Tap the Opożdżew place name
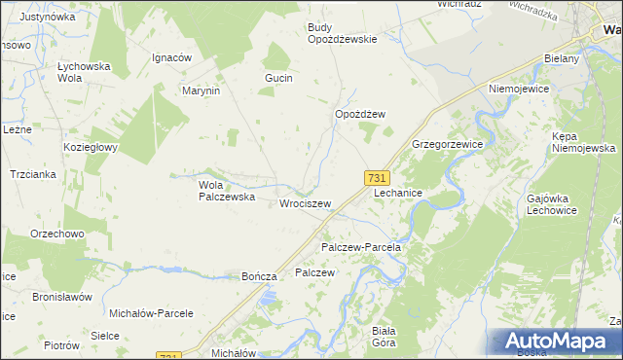click(360, 114)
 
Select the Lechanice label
click(398, 194)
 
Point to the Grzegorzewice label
click(448, 143)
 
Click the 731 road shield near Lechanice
click(378, 178)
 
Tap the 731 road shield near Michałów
click(168, 357)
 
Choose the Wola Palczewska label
click(227, 190)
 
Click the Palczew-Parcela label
click(361, 247)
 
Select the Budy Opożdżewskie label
click(342, 33)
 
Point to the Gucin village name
click(278, 77)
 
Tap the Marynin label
click(202, 90)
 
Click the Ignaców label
click(170, 57)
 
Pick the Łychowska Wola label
click(83, 72)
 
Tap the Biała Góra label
click(382, 337)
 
